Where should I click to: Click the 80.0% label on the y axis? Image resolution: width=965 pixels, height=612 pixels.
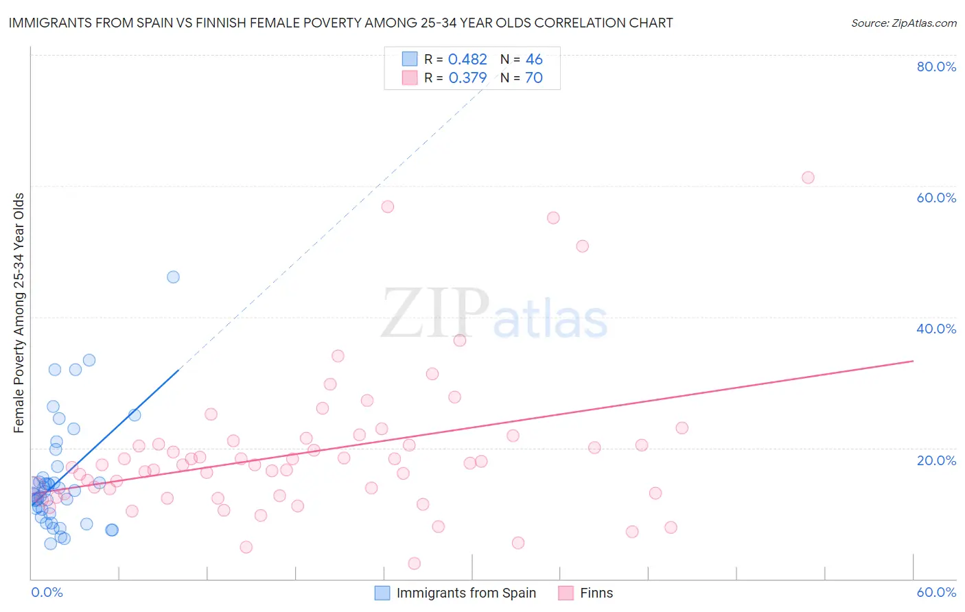pyautogui.click(x=936, y=67)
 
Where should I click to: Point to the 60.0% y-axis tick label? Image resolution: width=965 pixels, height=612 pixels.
pyautogui.click(x=936, y=198)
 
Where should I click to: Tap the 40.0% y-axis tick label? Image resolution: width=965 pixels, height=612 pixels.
pyautogui.click(x=936, y=329)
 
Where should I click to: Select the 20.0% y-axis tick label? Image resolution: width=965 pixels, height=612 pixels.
pyautogui.click(x=936, y=460)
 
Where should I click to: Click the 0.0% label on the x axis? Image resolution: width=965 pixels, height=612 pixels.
pyautogui.click(x=47, y=592)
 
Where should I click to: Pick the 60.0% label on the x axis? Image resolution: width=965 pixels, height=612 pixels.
pyautogui.click(x=936, y=592)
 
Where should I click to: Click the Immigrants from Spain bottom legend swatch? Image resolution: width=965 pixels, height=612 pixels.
pyautogui.click(x=382, y=593)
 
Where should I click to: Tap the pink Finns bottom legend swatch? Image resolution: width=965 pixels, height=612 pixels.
pyautogui.click(x=566, y=593)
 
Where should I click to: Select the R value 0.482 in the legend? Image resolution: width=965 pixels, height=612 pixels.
pyautogui.click(x=467, y=60)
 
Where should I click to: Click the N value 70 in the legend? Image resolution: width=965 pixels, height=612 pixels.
pyautogui.click(x=533, y=78)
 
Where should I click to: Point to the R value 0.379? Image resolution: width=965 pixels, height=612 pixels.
pyautogui.click(x=467, y=78)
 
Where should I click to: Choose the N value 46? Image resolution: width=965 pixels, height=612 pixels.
pyautogui.click(x=533, y=60)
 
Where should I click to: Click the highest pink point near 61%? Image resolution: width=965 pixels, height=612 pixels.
pyautogui.click(x=808, y=178)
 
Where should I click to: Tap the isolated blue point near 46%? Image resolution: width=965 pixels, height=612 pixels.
pyautogui.click(x=173, y=277)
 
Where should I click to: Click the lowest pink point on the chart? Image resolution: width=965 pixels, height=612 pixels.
pyautogui.click(x=414, y=563)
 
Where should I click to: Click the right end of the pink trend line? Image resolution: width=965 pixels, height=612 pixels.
pyautogui.click(x=913, y=361)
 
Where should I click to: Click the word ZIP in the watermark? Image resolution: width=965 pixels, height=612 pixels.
pyautogui.click(x=434, y=314)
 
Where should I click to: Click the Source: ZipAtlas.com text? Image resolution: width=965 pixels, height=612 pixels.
pyautogui.click(x=903, y=23)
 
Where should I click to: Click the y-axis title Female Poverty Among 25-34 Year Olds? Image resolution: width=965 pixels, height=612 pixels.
pyautogui.click(x=19, y=313)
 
